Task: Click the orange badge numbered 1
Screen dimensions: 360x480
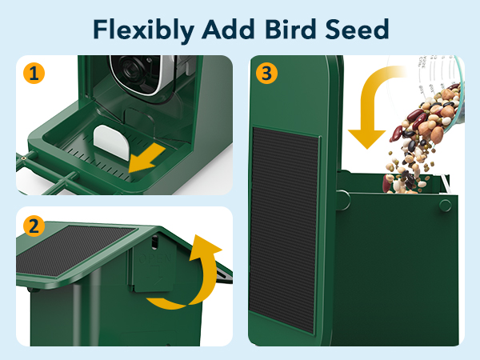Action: pos(33,75)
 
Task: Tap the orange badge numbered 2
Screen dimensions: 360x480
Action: pos(33,226)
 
